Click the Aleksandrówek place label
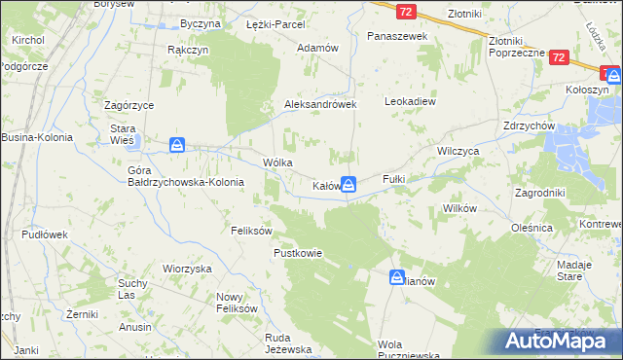point(321,104)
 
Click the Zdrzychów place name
point(530,126)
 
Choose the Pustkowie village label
point(297,253)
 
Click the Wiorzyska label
point(187,268)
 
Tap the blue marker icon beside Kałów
point(348,183)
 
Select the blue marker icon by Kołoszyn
point(613,74)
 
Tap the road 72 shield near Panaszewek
point(406,11)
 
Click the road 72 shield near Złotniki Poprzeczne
point(558,58)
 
